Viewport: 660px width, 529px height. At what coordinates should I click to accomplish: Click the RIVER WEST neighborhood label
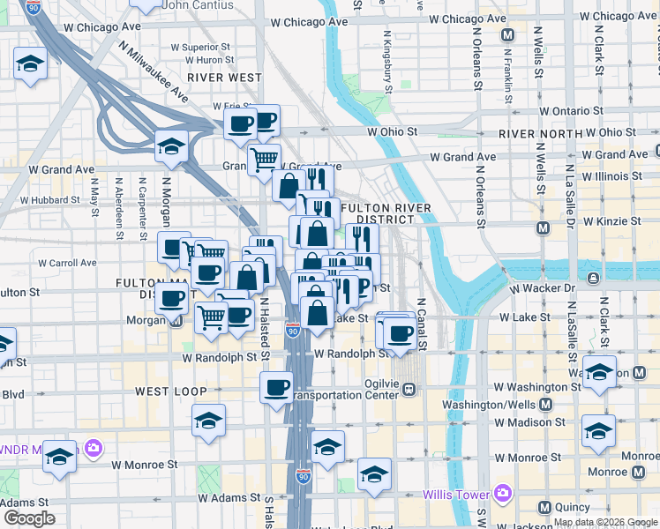coord(224,78)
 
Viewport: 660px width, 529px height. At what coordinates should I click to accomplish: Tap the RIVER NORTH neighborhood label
coord(541,133)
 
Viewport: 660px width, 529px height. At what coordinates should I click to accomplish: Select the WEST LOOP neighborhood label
coord(171,391)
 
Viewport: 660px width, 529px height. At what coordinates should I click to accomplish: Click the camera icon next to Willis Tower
coord(504,491)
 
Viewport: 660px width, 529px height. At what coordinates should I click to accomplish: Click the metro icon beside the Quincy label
coord(544,507)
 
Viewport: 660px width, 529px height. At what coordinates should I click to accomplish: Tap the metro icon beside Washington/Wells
coord(544,405)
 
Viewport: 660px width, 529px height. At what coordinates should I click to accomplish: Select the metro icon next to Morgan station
coord(176,320)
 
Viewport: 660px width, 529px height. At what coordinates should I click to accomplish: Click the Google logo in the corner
coord(29,518)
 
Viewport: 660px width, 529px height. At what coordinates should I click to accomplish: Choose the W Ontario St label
coord(570,112)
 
